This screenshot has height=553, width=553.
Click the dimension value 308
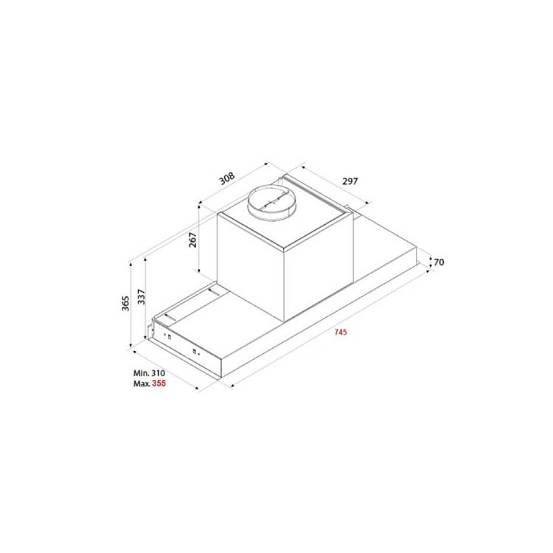click(x=227, y=178)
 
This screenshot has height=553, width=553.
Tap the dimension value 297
click(x=349, y=181)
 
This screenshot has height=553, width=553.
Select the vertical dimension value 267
click(x=192, y=240)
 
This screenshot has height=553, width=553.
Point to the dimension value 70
click(x=439, y=262)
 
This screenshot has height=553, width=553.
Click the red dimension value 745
click(x=341, y=332)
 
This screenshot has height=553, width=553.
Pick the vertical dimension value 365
click(x=125, y=303)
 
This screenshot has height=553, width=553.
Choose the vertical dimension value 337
click(x=141, y=296)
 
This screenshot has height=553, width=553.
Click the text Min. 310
click(x=149, y=373)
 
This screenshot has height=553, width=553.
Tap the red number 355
click(x=159, y=383)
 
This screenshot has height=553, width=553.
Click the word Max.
click(x=142, y=383)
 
